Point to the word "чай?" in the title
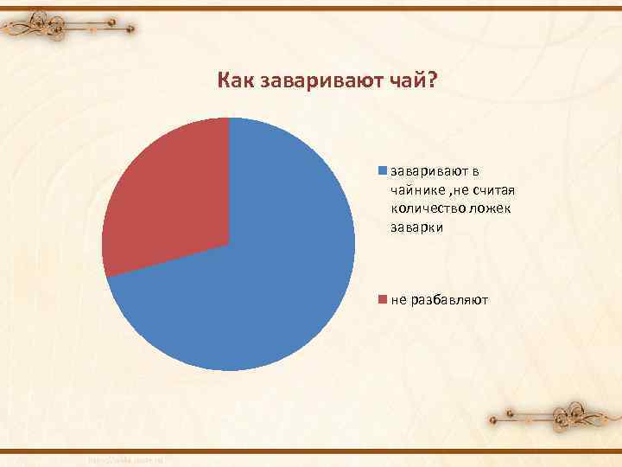point(415,81)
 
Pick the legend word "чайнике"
point(419,190)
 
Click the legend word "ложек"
point(492,208)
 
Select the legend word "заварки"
point(416,227)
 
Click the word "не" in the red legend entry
point(398,300)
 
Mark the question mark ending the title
point(433,81)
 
